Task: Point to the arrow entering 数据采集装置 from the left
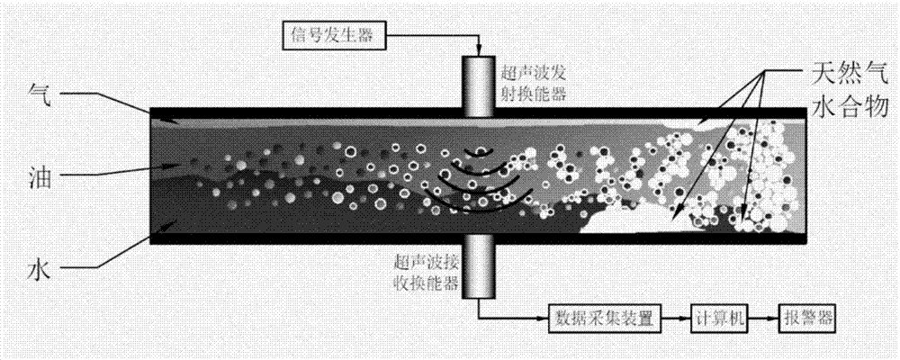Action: point(536,319)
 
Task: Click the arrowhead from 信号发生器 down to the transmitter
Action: point(478,50)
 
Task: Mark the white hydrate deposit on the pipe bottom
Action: point(630,216)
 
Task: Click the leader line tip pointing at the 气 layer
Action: point(151,114)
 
